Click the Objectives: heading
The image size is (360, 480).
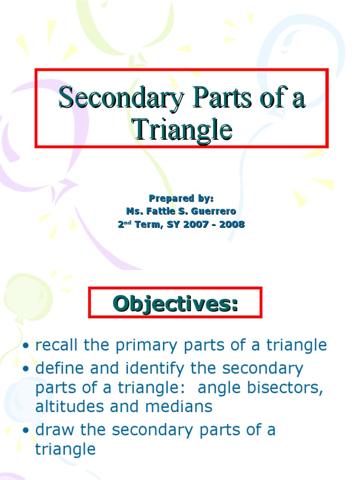click(175, 303)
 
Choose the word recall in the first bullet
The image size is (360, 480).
click(58, 345)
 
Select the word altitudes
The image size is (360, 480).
click(70, 406)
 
